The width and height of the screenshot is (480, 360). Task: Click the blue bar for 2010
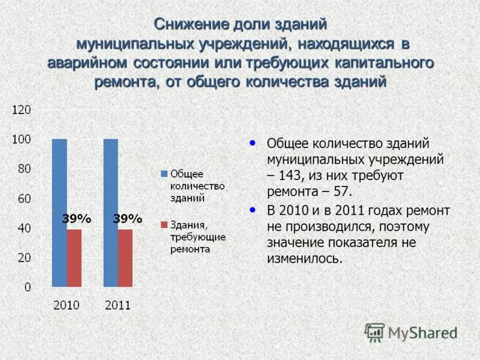click(x=59, y=212)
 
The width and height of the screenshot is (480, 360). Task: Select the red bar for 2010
click(x=74, y=258)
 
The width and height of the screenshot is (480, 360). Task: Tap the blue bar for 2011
click(x=110, y=212)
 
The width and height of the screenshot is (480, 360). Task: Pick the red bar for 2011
click(x=125, y=258)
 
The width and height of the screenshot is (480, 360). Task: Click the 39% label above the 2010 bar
click(x=76, y=220)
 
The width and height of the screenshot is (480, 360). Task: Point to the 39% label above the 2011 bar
click(x=127, y=220)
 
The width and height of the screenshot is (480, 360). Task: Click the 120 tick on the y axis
click(x=21, y=110)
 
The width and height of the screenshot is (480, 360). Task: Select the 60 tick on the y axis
click(x=24, y=199)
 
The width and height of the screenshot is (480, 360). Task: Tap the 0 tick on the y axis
click(x=28, y=287)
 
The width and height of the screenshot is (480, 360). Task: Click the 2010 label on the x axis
click(x=67, y=305)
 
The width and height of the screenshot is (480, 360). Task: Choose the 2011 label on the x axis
click(x=118, y=305)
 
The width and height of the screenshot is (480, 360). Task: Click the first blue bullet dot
click(x=253, y=143)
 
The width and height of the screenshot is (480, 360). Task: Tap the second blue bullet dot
click(x=253, y=209)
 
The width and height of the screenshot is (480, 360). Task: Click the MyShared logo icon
click(x=374, y=332)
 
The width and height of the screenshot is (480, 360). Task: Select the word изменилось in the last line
click(x=304, y=259)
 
